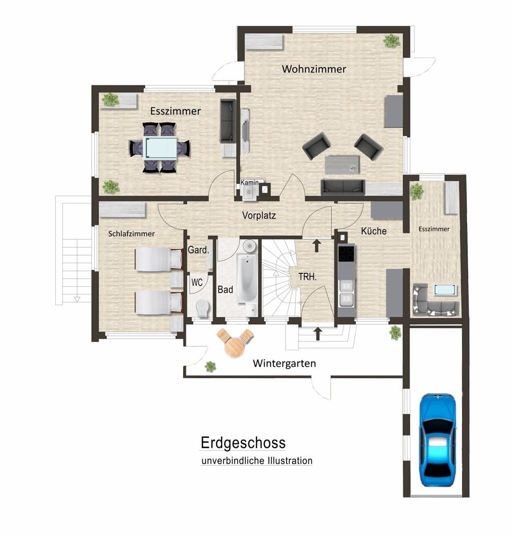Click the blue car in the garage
click(x=438, y=440)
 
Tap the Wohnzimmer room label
click(x=314, y=69)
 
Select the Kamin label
click(x=250, y=183)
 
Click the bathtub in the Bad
click(x=247, y=278)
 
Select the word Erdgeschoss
click(x=243, y=442)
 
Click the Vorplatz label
click(x=259, y=215)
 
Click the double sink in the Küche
click(x=347, y=293)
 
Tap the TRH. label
click(x=308, y=277)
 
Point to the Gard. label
click(x=198, y=250)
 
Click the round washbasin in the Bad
click(x=250, y=246)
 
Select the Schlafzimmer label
click(x=132, y=234)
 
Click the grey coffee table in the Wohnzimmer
click(x=342, y=165)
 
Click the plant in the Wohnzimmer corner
click(x=391, y=41)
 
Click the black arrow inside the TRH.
click(x=317, y=245)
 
